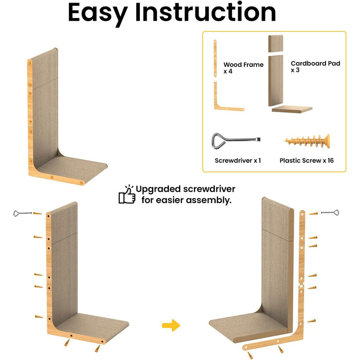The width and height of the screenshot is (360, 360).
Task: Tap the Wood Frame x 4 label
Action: point(243,68)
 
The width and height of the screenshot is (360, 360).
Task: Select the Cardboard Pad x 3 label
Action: point(315,66)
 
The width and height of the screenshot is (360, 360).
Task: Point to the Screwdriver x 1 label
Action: point(238,160)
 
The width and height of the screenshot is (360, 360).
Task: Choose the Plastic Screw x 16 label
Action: point(307,160)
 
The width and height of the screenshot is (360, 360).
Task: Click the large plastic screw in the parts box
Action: point(307,141)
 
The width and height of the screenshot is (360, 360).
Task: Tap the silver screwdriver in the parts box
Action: point(236,141)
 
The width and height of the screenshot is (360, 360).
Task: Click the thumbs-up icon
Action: point(127,195)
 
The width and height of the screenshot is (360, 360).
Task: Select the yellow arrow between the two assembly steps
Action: point(171,325)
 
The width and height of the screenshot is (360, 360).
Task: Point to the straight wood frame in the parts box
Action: point(215,59)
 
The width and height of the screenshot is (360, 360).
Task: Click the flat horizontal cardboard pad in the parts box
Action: point(292,109)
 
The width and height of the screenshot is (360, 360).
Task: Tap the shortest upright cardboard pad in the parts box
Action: point(276,44)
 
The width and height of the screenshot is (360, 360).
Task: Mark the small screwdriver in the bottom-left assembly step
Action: point(22,213)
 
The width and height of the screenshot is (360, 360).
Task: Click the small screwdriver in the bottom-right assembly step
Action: point(330,212)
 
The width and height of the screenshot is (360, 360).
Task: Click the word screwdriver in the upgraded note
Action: point(209,189)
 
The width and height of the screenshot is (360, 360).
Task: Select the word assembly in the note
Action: point(208,201)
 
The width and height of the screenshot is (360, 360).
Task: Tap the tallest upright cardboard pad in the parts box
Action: point(276,81)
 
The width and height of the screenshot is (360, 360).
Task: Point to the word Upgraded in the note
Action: point(158,190)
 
